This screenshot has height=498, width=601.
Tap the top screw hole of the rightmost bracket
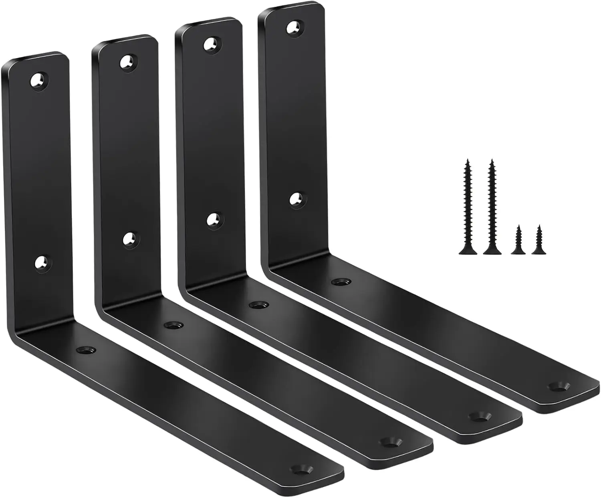pos(295,27)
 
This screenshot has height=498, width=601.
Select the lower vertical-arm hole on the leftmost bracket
pos(42,263)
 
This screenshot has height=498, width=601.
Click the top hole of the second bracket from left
pos(128,62)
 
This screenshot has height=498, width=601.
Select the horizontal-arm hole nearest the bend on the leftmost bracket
pos(86,350)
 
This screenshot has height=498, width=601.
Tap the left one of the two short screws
pos(518,240)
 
